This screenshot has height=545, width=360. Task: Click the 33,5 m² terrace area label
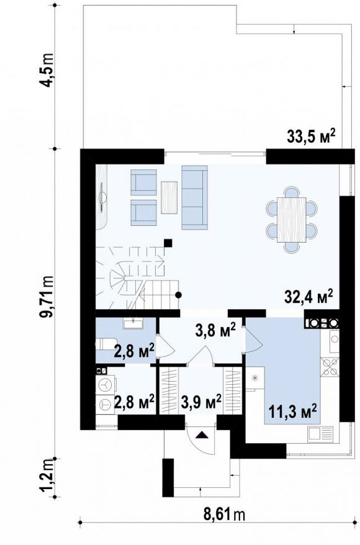tap(311, 137)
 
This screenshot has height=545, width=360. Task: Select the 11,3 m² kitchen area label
tap(292, 413)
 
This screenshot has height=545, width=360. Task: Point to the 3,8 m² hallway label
tap(215, 331)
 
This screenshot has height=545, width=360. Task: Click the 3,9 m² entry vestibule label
tap(201, 402)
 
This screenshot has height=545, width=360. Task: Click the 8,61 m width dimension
tap(224, 514)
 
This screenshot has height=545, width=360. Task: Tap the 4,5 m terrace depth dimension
tap(47, 71)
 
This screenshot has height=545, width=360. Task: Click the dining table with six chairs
tap(292, 220)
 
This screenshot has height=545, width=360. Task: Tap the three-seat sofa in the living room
tap(195, 197)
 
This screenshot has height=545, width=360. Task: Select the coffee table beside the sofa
tap(169, 197)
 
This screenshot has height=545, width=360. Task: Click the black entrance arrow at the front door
tap(202, 435)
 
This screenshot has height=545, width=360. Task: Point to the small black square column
tap(168, 243)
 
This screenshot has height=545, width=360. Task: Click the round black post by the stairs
tap(179, 295)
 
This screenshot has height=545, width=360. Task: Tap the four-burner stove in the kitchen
tap(330, 367)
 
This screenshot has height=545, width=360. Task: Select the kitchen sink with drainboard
tap(318, 435)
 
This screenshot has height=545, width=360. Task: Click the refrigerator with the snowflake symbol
tap(255, 378)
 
